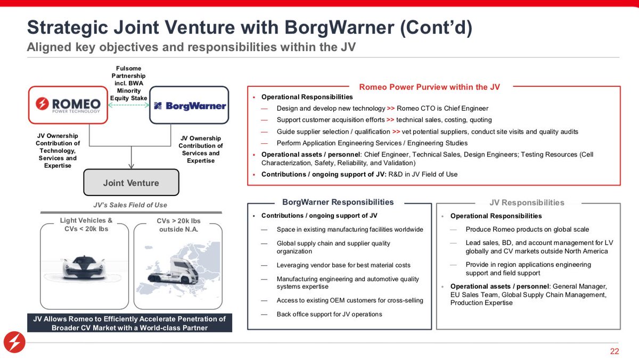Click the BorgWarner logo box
click(x=190, y=105)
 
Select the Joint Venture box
click(x=131, y=183)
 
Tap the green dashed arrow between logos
click(x=129, y=105)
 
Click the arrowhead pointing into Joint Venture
click(x=131, y=166)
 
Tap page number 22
click(x=615, y=351)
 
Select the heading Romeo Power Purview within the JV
click(x=429, y=87)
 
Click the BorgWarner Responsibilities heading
click(x=338, y=202)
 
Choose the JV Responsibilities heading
click(x=527, y=202)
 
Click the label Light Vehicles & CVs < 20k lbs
click(x=86, y=225)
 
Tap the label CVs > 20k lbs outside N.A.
click(x=178, y=225)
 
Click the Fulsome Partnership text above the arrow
click(x=128, y=83)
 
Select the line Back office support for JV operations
click(x=329, y=314)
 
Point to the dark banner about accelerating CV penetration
click(x=129, y=323)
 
